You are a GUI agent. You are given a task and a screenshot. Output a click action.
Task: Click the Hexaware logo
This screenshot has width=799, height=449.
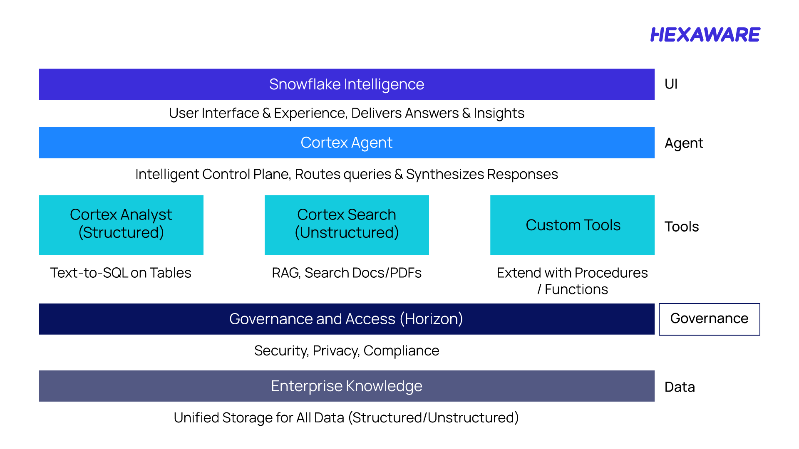coord(705,35)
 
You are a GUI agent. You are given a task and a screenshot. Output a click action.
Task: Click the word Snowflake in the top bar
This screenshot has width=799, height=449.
coord(305,84)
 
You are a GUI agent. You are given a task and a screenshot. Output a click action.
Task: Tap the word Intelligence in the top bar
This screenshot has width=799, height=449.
coord(384,84)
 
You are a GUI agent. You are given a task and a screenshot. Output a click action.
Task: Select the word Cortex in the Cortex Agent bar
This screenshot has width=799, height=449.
coord(324,143)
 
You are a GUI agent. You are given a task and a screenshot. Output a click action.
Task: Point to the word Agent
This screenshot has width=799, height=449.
coord(372,143)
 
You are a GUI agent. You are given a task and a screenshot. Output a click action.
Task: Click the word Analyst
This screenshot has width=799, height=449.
coord(146,215)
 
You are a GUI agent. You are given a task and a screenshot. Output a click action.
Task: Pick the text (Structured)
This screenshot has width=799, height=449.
coord(121,232)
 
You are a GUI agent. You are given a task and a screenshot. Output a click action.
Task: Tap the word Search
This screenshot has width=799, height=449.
coord(372,215)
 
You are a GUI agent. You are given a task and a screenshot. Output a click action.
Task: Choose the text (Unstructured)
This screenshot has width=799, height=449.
coord(347,232)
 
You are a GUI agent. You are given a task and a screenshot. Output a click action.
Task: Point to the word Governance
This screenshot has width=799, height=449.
coord(270,319)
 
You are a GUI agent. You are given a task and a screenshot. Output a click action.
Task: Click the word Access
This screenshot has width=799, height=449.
coord(370,319)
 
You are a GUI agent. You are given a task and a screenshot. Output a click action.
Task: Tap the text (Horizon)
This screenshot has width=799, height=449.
coord(432,319)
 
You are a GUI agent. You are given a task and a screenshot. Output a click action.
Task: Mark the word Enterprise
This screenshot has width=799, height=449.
coord(307,386)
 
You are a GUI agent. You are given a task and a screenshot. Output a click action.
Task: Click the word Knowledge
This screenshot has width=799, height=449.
coord(384,386)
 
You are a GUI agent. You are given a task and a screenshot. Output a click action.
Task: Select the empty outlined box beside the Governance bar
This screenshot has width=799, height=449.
coord(710,319)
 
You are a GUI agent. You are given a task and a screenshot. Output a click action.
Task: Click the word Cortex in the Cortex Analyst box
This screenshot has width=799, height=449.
coord(93,215)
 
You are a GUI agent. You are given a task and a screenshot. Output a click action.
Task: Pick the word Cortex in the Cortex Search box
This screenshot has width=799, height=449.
coord(320,215)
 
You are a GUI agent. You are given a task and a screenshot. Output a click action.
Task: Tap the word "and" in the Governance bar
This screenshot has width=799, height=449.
coord(329,319)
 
